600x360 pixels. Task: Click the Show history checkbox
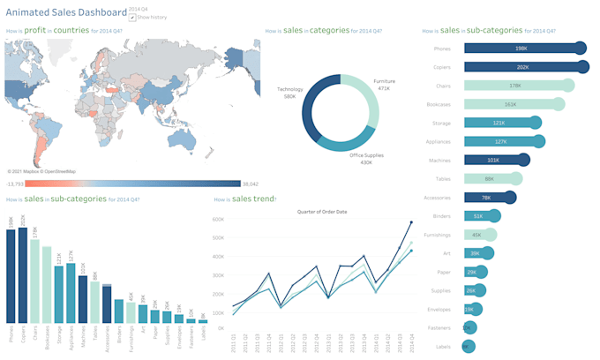pyautogui.click(x=131, y=17)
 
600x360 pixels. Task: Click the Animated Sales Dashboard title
pyautogui.click(x=65, y=12)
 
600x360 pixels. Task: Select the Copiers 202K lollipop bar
pyautogui.click(x=521, y=67)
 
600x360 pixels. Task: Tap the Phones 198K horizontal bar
pyautogui.click(x=521, y=48)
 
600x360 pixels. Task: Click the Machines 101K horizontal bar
pyautogui.click(x=494, y=161)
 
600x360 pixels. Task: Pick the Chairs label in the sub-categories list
pyautogui.click(x=444, y=86)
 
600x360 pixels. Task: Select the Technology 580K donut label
pyautogui.click(x=290, y=93)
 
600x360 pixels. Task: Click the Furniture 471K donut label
pyautogui.click(x=385, y=84)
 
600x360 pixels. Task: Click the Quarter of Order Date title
pyautogui.click(x=321, y=211)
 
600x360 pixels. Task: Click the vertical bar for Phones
pyautogui.click(x=11, y=276)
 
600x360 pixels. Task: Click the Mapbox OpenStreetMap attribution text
pyautogui.click(x=41, y=171)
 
